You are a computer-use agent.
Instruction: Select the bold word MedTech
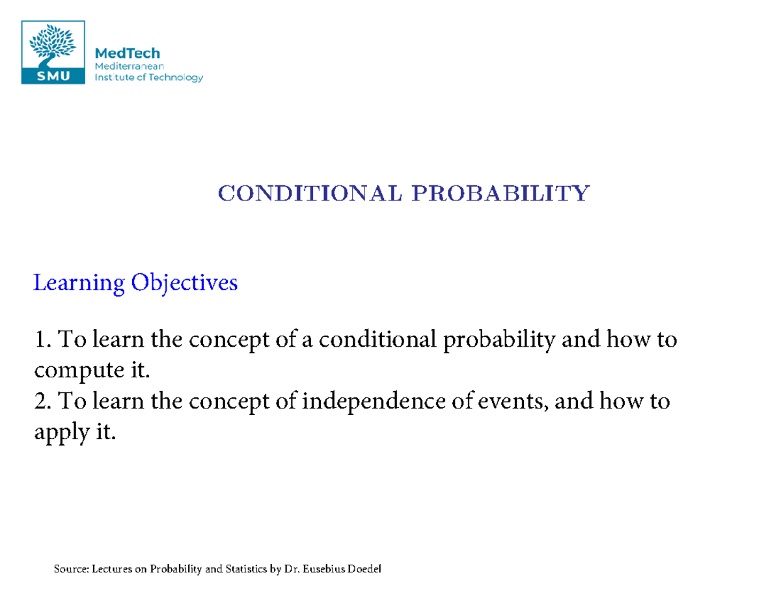point(128,54)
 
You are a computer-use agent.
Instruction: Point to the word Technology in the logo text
point(176,78)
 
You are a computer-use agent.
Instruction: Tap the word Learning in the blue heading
point(78,283)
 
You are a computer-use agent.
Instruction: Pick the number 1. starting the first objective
point(42,340)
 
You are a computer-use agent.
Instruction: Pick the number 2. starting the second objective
point(42,402)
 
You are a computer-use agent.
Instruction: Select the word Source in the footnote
point(69,569)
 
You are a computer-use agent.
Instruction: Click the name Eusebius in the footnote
point(318,569)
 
